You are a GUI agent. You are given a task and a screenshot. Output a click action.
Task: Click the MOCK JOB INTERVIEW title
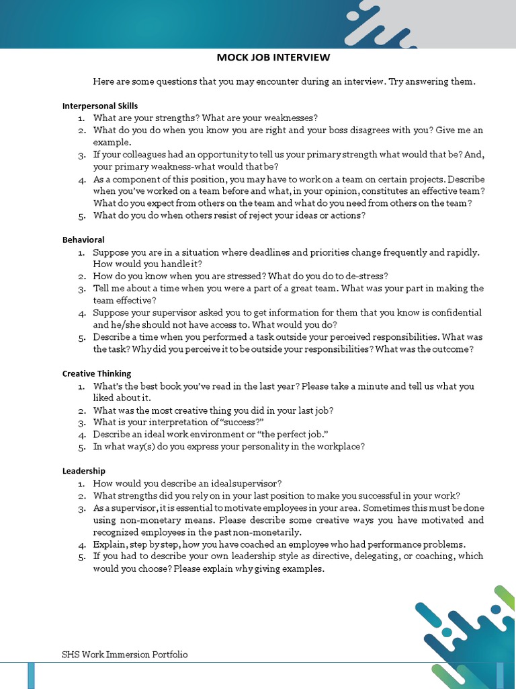click(273, 58)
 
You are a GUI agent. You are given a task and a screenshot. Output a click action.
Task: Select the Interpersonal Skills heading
click(100, 106)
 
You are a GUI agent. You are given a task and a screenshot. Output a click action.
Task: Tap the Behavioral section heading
click(83, 240)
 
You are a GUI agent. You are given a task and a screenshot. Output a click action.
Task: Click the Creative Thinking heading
click(97, 373)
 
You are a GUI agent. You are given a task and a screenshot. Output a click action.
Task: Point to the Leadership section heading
click(84, 471)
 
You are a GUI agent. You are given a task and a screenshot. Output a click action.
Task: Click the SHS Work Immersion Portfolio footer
click(124, 654)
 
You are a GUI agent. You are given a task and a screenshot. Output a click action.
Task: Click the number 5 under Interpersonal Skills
click(81, 216)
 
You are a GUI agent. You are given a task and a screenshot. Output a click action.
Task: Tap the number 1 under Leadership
click(81, 484)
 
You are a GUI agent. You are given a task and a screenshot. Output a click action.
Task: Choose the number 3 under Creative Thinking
click(81, 423)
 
